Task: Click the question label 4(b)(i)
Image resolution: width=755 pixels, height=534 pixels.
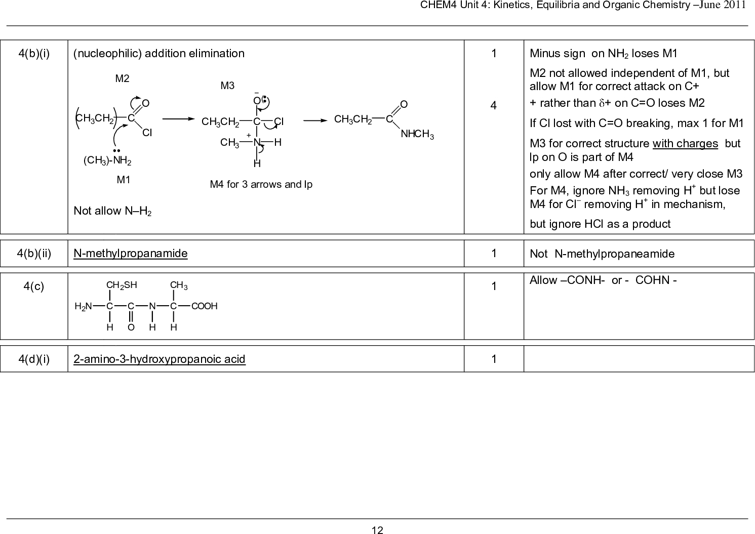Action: [x=33, y=53]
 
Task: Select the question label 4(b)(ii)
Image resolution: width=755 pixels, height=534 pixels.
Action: [x=33, y=253]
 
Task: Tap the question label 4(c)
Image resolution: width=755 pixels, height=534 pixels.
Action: [x=33, y=286]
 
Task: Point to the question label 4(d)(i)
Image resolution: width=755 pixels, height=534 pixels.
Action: [x=33, y=359]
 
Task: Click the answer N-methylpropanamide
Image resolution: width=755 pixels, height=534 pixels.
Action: [x=130, y=253]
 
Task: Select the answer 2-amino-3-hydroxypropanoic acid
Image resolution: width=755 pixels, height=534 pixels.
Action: [x=159, y=359]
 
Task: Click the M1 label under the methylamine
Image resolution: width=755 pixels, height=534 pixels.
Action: [x=124, y=179]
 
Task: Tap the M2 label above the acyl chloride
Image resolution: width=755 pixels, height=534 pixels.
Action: [x=122, y=78]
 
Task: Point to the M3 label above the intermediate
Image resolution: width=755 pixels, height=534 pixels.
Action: [x=227, y=86]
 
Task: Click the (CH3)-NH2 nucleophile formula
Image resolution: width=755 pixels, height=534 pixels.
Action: [x=107, y=161]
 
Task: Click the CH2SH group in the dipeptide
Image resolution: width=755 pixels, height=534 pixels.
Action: [x=122, y=285]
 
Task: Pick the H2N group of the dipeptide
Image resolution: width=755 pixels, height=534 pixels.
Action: [x=83, y=306]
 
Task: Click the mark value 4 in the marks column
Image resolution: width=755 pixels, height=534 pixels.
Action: [x=493, y=105]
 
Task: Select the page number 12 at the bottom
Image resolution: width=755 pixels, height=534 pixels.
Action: [x=377, y=530]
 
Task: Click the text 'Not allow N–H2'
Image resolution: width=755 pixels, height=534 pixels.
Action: [x=113, y=211]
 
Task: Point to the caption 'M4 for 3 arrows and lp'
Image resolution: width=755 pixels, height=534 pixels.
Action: [x=261, y=184]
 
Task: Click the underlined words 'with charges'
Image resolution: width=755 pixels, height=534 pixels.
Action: [x=685, y=143]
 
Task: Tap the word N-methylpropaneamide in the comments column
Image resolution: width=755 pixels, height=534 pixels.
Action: [x=614, y=254]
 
